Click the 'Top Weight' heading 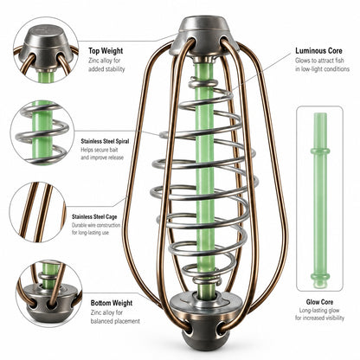(106, 51)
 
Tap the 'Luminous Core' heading (318, 51)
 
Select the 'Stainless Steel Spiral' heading (105, 141)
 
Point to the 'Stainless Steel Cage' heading (94, 216)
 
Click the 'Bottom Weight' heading (112, 303)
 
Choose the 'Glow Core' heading (319, 302)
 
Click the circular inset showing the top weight (46, 49)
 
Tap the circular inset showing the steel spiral (42, 132)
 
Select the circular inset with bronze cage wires (38, 212)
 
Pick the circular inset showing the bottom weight (49, 294)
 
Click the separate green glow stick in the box (320, 200)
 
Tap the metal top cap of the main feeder (204, 36)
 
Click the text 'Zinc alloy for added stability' (106, 65)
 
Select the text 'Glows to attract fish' (319, 61)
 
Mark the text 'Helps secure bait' (100, 150)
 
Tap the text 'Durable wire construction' (96, 225)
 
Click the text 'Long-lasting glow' (319, 311)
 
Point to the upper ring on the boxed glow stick (320, 151)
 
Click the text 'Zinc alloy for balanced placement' (115, 317)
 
